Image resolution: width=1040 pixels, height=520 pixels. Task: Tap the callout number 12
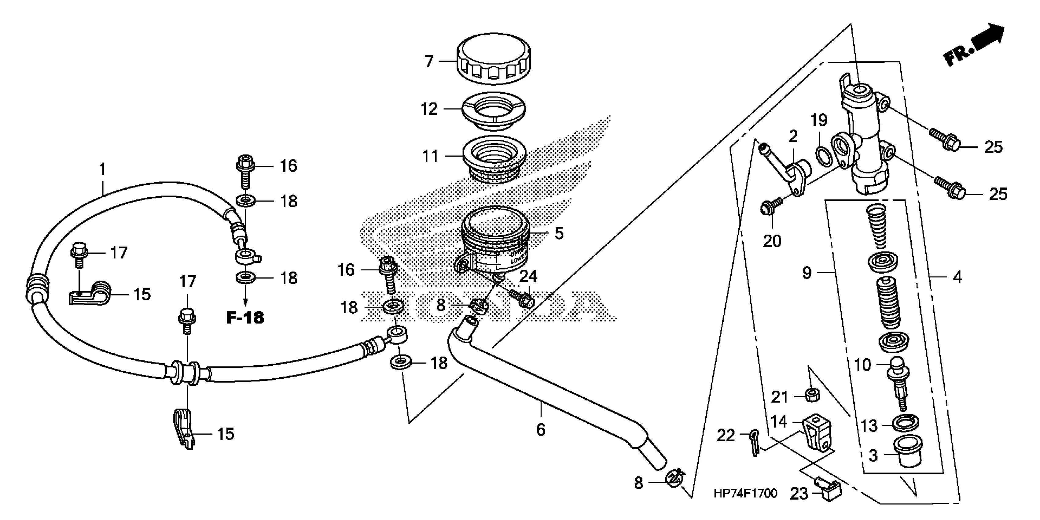(429, 109)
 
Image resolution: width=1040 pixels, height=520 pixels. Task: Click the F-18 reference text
(245, 318)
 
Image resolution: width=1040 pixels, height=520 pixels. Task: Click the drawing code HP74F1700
(745, 493)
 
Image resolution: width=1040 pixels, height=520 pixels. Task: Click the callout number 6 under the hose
(541, 429)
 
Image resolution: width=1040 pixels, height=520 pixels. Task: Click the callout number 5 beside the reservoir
(559, 233)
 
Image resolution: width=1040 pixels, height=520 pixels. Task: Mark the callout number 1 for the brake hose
(102, 169)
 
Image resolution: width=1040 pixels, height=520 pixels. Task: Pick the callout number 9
(807, 273)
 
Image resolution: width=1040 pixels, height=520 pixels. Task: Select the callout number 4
(957, 277)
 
